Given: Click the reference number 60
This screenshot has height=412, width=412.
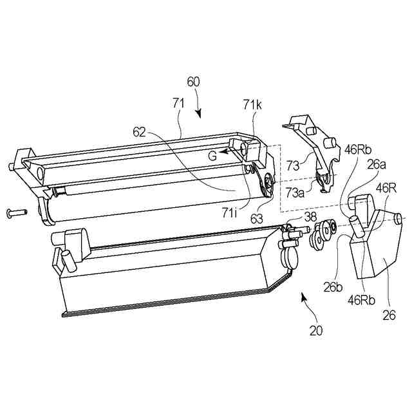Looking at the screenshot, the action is pyautogui.click(x=193, y=82).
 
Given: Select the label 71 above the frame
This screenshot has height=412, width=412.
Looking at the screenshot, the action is pyautogui.click(x=179, y=102).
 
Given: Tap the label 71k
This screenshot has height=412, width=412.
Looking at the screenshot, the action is pyautogui.click(x=253, y=104).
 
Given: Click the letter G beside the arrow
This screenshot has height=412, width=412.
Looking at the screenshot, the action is pyautogui.click(x=211, y=155).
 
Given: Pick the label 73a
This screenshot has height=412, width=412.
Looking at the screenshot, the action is pyautogui.click(x=295, y=192).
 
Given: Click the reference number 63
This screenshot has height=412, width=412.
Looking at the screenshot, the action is pyautogui.click(x=257, y=219).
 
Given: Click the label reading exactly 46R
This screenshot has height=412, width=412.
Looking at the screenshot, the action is pyautogui.click(x=386, y=187).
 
